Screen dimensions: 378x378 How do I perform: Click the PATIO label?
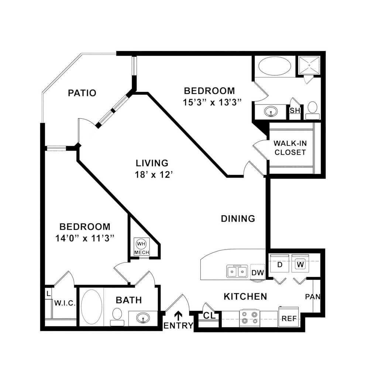coord(82,93)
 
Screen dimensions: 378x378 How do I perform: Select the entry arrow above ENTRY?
coord(178,315)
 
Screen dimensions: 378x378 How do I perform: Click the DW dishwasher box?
coord(258,273)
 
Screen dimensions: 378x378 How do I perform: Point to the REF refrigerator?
coord(289,319)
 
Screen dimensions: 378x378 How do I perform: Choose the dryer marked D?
coord(280,265)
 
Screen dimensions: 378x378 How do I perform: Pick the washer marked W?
coord(300,264)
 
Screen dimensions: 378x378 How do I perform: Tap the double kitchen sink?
coord(237,272)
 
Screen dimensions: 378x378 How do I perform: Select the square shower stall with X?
coord(309,65)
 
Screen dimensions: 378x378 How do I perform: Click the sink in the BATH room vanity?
coord(143,317)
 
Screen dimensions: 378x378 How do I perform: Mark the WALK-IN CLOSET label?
coord(290,148)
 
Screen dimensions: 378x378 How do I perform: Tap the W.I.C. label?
coord(65,303)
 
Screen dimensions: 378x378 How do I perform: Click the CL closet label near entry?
coord(209,316)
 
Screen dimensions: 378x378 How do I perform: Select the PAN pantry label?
coord(313,296)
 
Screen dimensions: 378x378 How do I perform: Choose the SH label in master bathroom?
coord(295,111)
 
